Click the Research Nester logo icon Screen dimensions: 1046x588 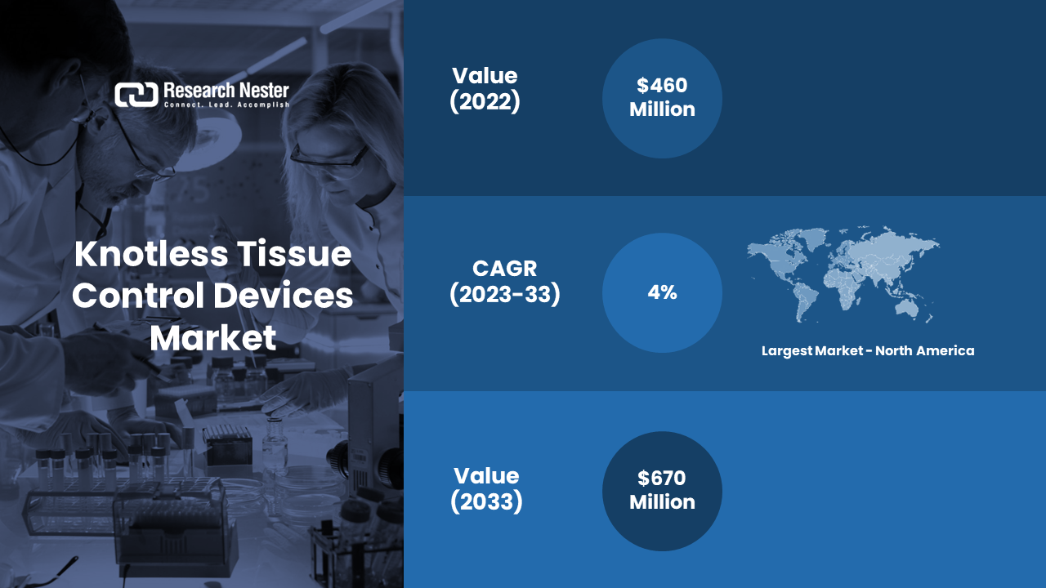pos(136,95)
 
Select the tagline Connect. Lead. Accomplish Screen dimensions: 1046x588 pos(226,105)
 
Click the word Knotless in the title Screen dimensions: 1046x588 pos(151,254)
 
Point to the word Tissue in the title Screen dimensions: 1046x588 pos(294,254)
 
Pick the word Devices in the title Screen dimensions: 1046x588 pos(284,296)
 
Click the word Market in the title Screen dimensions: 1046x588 pos(213,337)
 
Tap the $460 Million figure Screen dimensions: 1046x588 pos(662,97)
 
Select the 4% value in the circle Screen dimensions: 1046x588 pos(662,292)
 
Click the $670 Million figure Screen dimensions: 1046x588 pos(662,490)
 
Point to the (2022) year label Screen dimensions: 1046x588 pos(485,101)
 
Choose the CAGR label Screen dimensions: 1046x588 pos(505,269)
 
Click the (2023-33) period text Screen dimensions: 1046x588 pos(505,295)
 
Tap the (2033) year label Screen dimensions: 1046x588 pos(486,501)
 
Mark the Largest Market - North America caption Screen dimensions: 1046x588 pos(868,351)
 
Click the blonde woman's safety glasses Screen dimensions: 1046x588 pos(329,158)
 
